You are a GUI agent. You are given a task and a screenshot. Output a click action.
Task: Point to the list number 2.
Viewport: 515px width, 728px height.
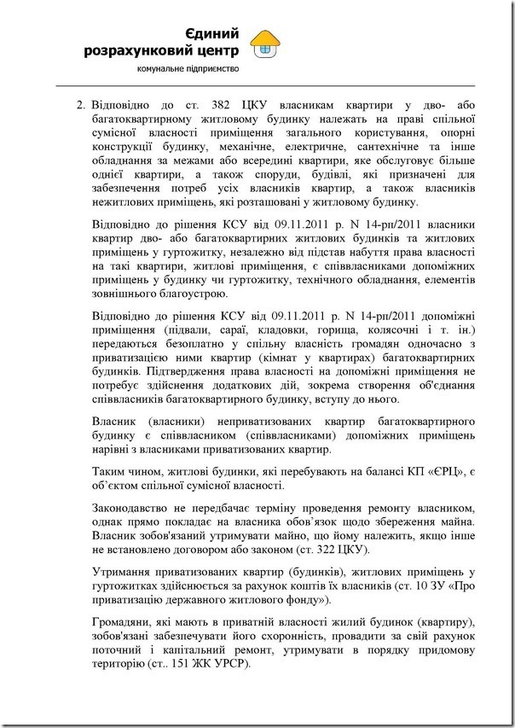[78, 106]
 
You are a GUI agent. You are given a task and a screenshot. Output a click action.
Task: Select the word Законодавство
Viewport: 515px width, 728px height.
[135, 505]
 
